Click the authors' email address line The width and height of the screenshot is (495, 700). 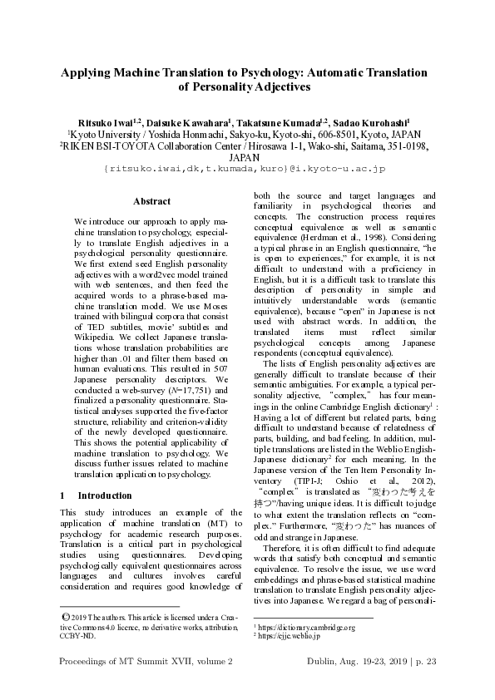coord(244,169)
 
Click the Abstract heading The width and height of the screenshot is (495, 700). coord(151,201)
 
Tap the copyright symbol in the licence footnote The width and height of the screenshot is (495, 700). coord(66,615)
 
